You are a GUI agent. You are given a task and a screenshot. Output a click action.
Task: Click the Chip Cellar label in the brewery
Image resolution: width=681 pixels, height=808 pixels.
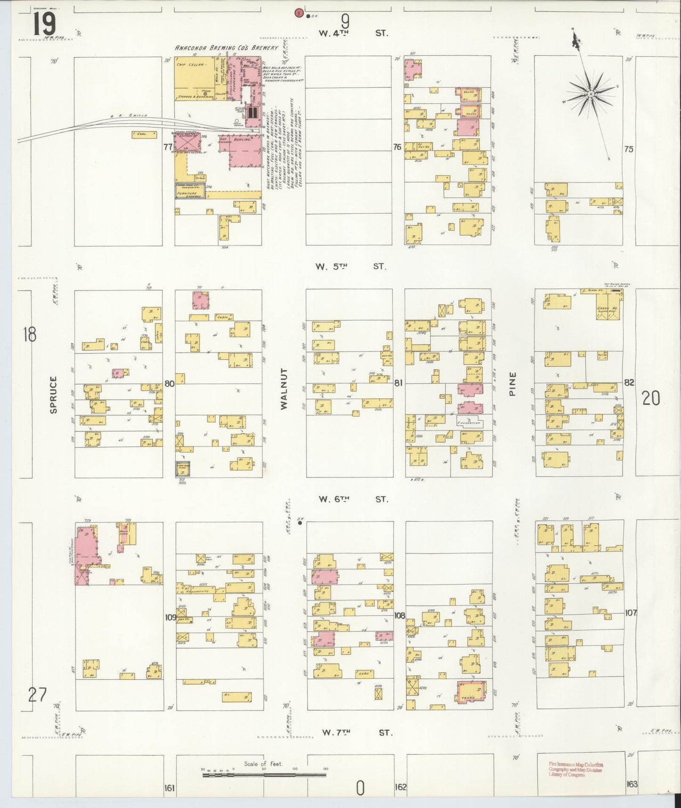pyautogui.click(x=191, y=66)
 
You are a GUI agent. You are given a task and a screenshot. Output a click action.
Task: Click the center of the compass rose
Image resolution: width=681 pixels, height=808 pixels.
pyautogui.click(x=590, y=95)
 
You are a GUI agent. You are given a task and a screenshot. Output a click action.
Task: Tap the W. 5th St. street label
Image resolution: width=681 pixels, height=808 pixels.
pyautogui.click(x=351, y=266)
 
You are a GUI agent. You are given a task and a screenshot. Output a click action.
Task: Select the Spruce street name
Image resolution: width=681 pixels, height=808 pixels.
pyautogui.click(x=53, y=395)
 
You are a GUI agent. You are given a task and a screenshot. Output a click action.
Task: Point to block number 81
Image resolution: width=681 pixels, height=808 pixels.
pyautogui.click(x=399, y=383)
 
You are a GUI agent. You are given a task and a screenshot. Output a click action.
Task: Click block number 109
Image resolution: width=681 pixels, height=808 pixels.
pyautogui.click(x=170, y=618)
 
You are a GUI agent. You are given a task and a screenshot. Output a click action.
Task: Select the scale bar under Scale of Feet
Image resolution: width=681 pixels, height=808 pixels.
pyautogui.click(x=264, y=775)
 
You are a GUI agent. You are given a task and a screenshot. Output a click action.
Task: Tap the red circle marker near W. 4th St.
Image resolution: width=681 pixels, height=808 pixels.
pyautogui.click(x=298, y=13)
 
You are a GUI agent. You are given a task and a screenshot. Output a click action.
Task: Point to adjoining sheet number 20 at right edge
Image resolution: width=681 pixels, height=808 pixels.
pyautogui.click(x=650, y=399)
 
